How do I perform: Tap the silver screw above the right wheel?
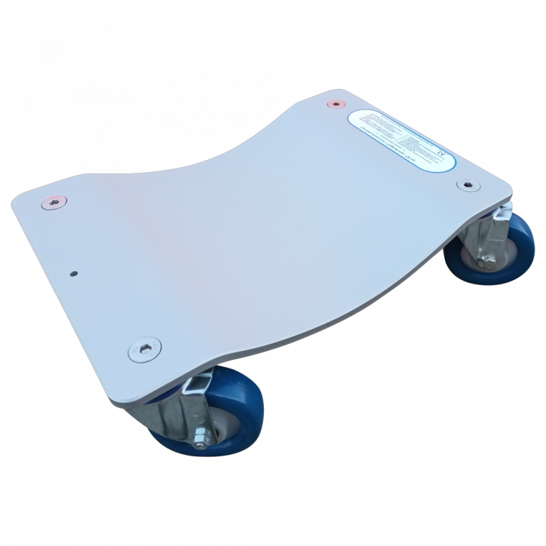pos(466,185)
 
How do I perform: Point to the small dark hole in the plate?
pos(73,272)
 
